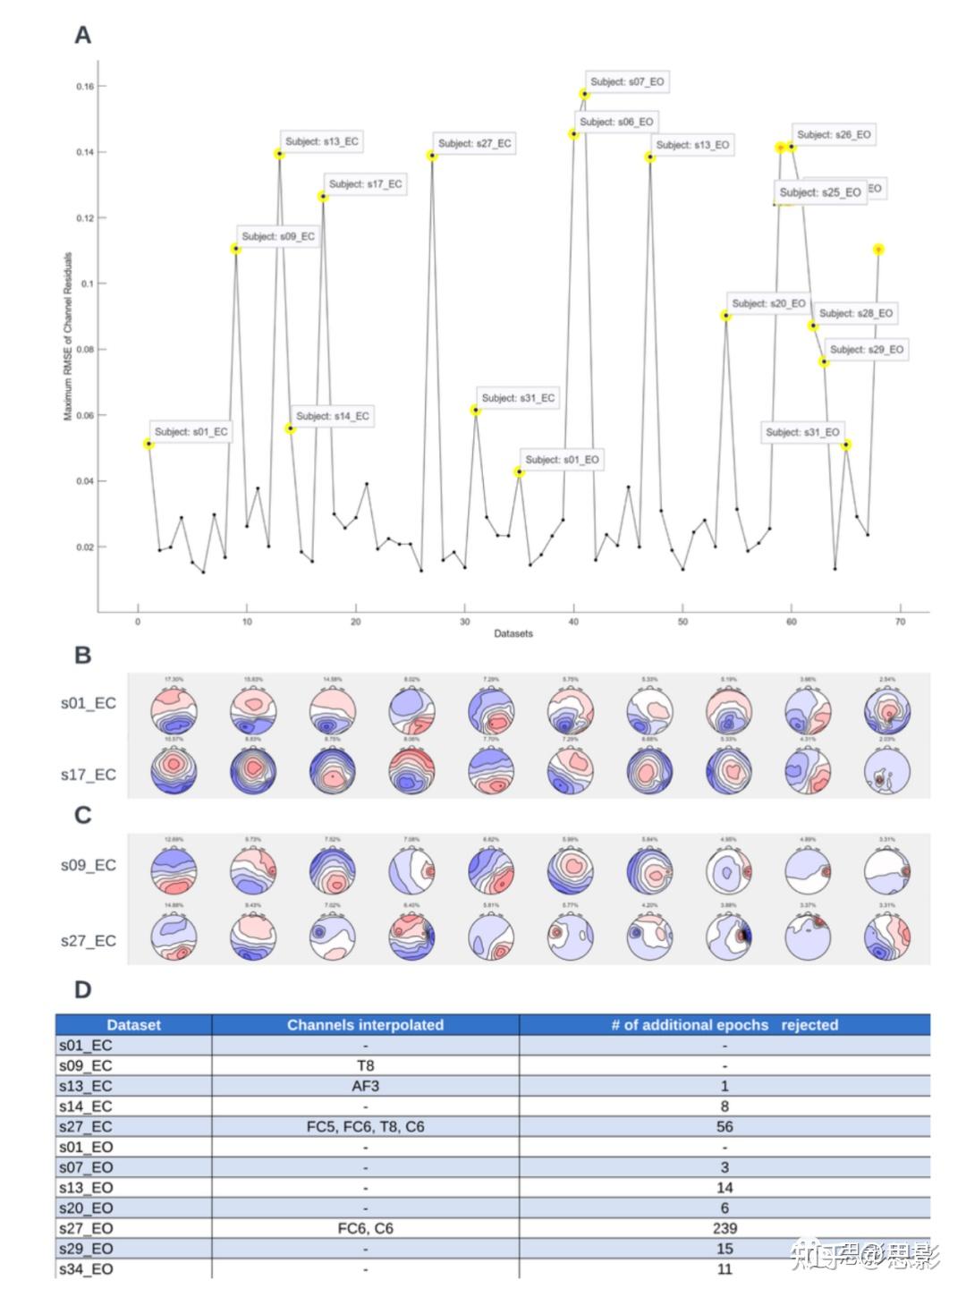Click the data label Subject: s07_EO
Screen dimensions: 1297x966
(x=627, y=81)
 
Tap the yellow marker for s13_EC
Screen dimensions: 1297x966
(x=279, y=154)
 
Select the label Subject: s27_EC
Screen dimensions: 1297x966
(x=474, y=143)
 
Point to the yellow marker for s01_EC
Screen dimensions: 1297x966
(x=148, y=444)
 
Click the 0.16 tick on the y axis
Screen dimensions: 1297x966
(x=85, y=87)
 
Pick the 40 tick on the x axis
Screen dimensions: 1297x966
(x=573, y=622)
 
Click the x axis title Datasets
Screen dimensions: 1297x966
(x=513, y=633)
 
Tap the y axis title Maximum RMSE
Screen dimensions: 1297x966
(x=68, y=335)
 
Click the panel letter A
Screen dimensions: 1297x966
(x=82, y=35)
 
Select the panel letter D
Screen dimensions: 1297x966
(x=82, y=989)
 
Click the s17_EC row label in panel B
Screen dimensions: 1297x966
(x=89, y=775)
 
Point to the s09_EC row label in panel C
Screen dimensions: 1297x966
(x=89, y=866)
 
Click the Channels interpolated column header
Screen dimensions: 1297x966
(x=365, y=1025)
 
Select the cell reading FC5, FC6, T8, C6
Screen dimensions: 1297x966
(x=365, y=1127)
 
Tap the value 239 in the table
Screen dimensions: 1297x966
(x=724, y=1229)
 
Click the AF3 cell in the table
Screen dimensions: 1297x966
(x=365, y=1086)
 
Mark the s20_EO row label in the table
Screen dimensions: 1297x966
(x=86, y=1208)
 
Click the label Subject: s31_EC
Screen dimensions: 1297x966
(x=518, y=398)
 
